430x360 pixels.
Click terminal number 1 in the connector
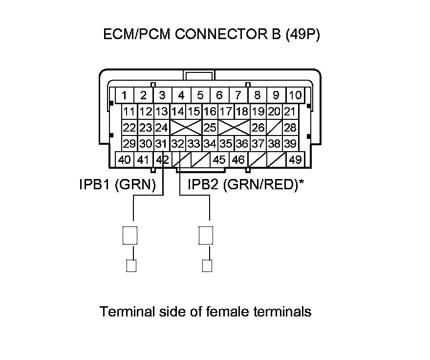pos(125,95)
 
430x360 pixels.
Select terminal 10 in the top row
pos(295,95)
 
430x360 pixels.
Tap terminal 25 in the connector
pos(210,128)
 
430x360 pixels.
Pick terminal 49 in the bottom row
pos(295,159)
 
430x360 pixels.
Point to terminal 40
pos(125,159)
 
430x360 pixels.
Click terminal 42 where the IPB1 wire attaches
pos(162,159)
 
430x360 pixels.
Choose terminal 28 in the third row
pos(290,128)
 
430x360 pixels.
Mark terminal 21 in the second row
pos(290,112)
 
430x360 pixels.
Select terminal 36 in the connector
pos(241,144)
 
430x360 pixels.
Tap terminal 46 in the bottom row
pos(238,159)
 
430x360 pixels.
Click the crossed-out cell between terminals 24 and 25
pos(186,128)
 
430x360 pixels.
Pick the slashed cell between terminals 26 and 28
pos(274,128)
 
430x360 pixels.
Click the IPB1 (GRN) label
pos(117,185)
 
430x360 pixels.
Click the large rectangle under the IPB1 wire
pos(129,235)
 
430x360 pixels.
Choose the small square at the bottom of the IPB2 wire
pos(207,266)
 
